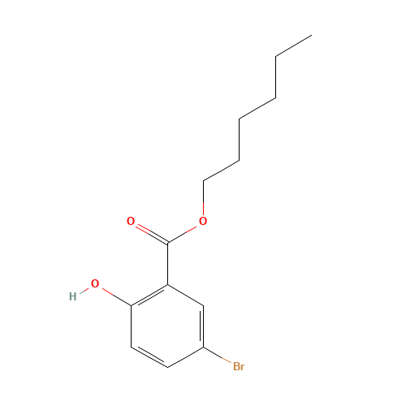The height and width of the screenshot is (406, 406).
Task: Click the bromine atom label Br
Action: (239, 367)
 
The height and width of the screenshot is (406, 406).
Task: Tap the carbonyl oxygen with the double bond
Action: (131, 221)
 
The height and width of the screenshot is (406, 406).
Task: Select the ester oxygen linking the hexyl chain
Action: (203, 221)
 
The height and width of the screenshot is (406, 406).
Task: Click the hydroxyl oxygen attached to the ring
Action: (95, 283)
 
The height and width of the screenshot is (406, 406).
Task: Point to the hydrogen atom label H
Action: (73, 296)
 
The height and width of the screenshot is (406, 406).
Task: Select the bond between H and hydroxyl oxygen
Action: (84, 290)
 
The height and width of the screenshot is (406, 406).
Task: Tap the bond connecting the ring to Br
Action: (218, 355)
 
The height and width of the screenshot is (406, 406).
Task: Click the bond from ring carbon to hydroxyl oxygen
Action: (117, 297)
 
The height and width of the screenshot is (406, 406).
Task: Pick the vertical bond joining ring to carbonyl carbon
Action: (168, 264)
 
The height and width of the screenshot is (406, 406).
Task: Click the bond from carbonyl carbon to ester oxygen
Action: (182, 235)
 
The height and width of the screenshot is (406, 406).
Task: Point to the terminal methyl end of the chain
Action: (312, 35)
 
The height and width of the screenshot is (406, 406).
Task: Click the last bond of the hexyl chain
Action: (294, 45)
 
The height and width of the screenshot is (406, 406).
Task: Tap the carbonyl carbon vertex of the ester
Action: (168, 243)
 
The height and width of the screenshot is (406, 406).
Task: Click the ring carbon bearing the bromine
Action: (203, 347)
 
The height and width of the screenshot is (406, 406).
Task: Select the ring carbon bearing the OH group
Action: (132, 306)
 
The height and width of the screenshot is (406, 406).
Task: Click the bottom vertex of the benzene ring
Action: (168, 367)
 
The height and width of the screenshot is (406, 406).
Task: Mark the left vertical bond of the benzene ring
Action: (132, 326)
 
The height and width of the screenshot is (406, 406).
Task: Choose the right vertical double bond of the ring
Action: (202, 326)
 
